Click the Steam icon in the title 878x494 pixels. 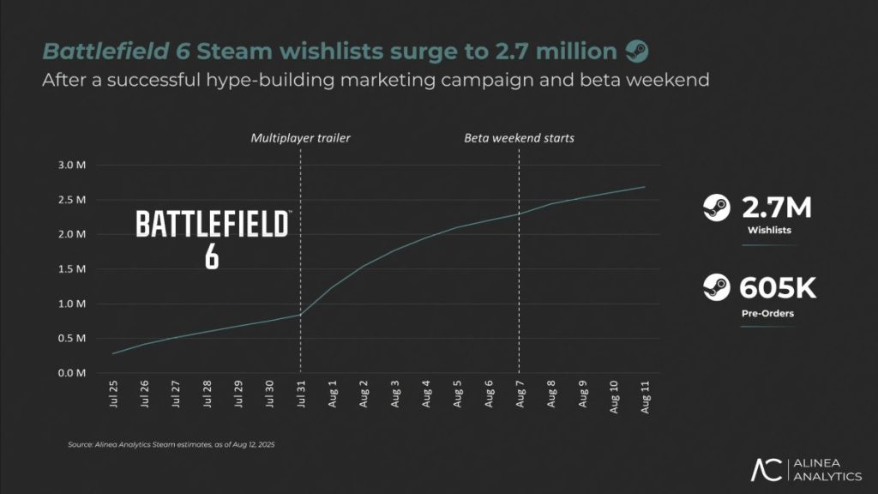(636, 51)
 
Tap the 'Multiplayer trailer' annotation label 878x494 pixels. (300, 137)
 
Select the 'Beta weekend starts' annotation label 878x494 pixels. (519, 137)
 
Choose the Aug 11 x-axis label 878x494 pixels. (644, 397)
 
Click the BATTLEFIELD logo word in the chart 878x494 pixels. (213, 226)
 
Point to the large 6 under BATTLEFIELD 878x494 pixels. (212, 256)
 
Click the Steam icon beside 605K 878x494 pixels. (715, 286)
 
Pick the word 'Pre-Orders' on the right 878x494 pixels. (768, 314)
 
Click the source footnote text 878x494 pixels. (171, 445)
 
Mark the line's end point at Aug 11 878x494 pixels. (644, 187)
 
